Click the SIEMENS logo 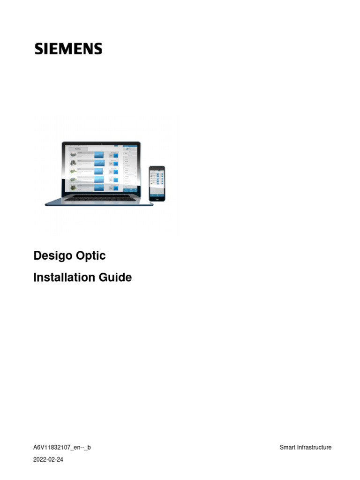[x=68, y=49]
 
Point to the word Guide [x=115, y=277]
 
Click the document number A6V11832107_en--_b [x=62, y=447]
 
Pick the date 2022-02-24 [x=48, y=460]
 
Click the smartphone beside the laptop [x=157, y=183]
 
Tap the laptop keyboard [x=99, y=198]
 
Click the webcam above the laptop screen [x=102, y=142]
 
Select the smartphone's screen [x=157, y=182]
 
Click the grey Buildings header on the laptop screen [x=78, y=148]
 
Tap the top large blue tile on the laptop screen [x=99, y=155]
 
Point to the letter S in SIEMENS [x=38, y=49]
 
